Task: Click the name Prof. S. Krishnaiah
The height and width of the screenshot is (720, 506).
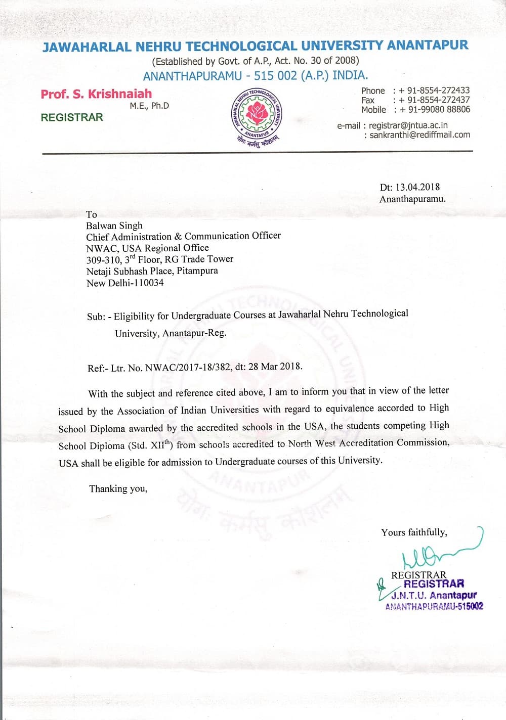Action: coord(96,94)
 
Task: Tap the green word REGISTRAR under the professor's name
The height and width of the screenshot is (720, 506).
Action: coord(72,117)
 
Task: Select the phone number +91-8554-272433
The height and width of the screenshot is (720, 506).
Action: coord(434,91)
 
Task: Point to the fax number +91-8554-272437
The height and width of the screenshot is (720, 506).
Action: coord(434,100)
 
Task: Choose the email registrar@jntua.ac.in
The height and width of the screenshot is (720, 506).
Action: coord(408,125)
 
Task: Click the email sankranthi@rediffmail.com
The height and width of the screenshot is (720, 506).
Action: coord(419,135)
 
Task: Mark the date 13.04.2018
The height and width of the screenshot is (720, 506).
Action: coord(417,187)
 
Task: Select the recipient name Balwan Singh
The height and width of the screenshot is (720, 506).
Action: coord(114,226)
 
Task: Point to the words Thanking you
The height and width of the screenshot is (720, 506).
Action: coord(118,488)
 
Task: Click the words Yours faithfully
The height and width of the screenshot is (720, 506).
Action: coord(414,532)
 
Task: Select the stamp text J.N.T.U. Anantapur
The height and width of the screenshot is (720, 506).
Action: coord(434,595)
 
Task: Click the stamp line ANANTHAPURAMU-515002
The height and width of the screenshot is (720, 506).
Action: coord(434,606)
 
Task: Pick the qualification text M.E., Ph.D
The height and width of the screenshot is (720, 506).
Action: coord(149,106)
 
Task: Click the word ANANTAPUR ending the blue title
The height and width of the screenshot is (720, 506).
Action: coord(428,46)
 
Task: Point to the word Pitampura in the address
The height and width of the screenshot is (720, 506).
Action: coord(197,271)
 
